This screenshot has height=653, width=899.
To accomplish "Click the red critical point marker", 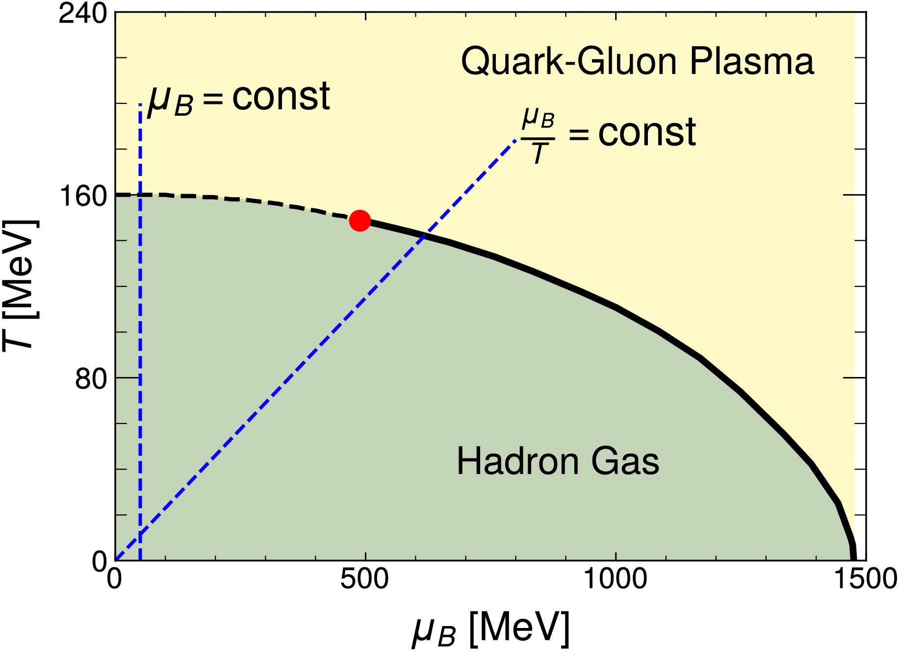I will click(x=360, y=221).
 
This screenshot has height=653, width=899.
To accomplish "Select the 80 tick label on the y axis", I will click(x=91, y=379).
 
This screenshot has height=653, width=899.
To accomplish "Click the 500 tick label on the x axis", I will click(x=364, y=579).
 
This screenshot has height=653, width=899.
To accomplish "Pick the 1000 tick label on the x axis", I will click(x=615, y=579).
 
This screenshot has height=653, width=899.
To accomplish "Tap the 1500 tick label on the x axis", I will click(x=866, y=579).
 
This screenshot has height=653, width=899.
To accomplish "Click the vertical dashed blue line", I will click(x=140, y=343).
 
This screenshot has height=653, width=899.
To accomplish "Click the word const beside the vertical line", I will click(x=281, y=97).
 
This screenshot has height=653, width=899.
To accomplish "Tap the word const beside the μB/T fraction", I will click(x=647, y=132).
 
